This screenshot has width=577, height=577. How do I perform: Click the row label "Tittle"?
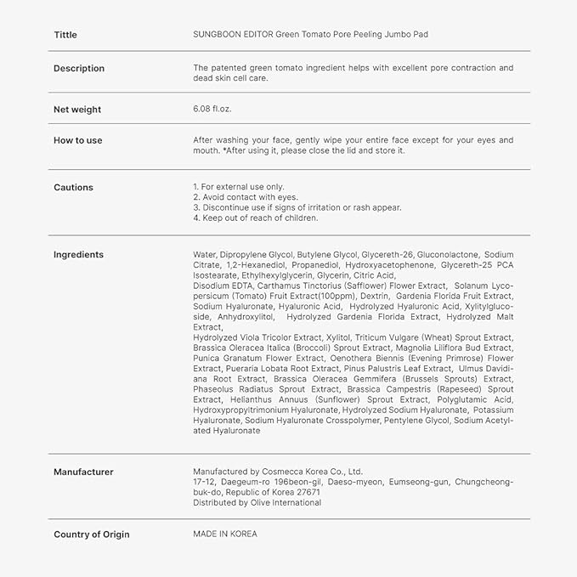coord(65,35)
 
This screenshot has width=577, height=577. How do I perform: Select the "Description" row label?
coord(79,68)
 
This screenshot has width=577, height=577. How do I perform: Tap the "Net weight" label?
coord(77,110)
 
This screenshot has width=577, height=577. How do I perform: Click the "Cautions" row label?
coord(74,187)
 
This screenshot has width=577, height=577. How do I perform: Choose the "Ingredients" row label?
coord(78,255)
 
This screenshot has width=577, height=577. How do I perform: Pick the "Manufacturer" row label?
coord(83,472)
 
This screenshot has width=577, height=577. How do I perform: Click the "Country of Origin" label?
coord(92,535)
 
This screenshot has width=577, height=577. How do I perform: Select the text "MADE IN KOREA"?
coord(225,535)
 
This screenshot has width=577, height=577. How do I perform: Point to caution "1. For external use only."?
coord(239,187)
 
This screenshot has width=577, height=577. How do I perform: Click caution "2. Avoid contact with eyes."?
coord(246,197)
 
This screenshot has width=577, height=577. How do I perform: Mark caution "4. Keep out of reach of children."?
coord(256,218)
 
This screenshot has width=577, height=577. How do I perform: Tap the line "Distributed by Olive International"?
coord(257,503)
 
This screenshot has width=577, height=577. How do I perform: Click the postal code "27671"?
coord(308,493)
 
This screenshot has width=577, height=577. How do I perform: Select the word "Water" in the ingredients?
coord(204,255)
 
